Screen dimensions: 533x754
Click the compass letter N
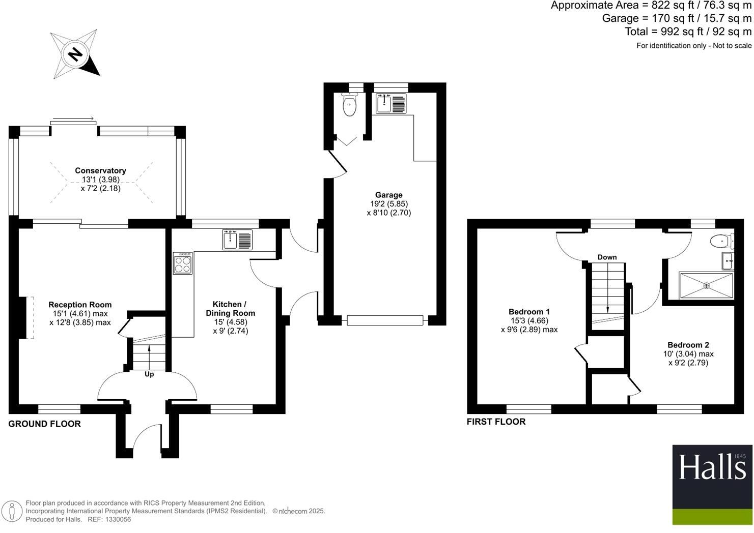pyautogui.click(x=75, y=53)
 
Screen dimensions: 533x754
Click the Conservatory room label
pyautogui.click(x=100, y=171)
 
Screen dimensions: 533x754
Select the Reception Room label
pyautogui.click(x=80, y=305)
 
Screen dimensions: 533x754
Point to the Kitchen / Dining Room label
pyautogui.click(x=230, y=309)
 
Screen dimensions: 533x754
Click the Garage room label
pyautogui.click(x=388, y=195)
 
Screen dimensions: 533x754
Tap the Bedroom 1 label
pyautogui.click(x=529, y=312)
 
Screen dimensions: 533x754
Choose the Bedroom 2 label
pyautogui.click(x=688, y=345)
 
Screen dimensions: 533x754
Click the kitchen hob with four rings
pyautogui.click(x=183, y=263)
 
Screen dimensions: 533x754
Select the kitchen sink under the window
pyautogui.click(x=237, y=240)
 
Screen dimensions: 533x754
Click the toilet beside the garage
pyautogui.click(x=349, y=105)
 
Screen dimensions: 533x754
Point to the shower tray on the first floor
pyautogui.click(x=706, y=286)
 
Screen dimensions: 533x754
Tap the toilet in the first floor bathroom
pyautogui.click(x=722, y=241)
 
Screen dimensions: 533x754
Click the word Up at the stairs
pyautogui.click(x=149, y=374)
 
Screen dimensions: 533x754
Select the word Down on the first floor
pyautogui.click(x=607, y=257)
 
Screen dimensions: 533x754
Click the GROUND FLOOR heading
pyautogui.click(x=44, y=424)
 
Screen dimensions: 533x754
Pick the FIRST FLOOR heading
pyautogui.click(x=496, y=422)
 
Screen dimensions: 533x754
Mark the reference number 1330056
pyautogui.click(x=118, y=519)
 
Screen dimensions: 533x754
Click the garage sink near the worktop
pyautogui.click(x=390, y=104)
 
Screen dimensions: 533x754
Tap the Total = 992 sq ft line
pyautogui.click(x=688, y=32)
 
